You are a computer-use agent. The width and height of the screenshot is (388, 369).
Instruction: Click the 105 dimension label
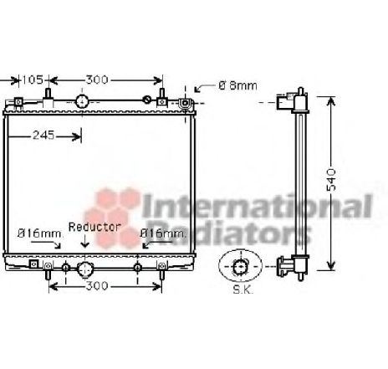coord(31,80)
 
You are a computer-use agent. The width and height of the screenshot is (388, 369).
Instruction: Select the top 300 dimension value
coord(97,80)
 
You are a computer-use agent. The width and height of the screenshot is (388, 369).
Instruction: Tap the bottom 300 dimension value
coord(98,286)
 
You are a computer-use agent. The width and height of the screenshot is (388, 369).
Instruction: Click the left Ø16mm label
coord(37,232)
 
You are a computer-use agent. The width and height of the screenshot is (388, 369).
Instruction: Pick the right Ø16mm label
coord(162,232)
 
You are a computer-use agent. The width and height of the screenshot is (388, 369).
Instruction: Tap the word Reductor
coord(95,227)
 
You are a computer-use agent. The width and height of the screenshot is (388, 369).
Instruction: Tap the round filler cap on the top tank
coord(82,101)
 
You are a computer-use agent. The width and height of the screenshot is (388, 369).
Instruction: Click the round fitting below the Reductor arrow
coord(84,269)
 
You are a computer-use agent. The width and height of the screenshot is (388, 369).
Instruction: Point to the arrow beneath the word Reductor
coord(84,244)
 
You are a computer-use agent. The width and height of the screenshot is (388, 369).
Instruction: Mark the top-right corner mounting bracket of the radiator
coord(186,103)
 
